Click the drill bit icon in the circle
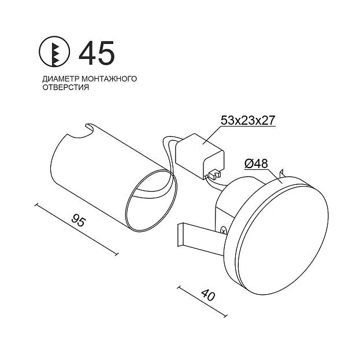coord(54,51)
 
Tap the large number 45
coord(97,53)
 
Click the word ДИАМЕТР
coord(61,79)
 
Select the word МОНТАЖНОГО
coord(109,79)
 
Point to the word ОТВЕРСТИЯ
coord(66,87)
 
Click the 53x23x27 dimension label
coord(248,120)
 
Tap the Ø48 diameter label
coord(256,164)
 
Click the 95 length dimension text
coord(79,220)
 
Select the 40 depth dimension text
coord(208,295)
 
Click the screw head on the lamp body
coord(223,231)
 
